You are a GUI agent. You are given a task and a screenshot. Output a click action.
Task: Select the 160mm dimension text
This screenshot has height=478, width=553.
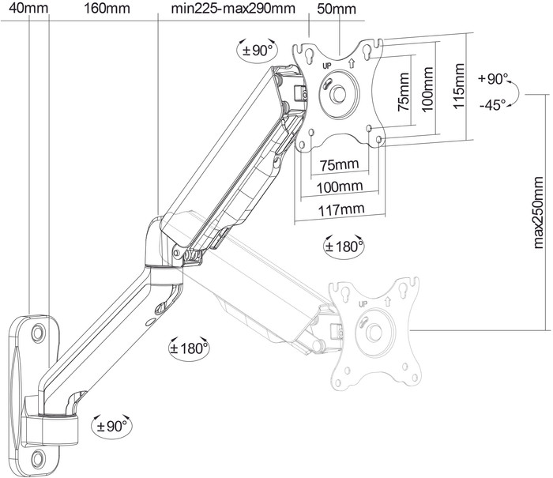coord(106,9)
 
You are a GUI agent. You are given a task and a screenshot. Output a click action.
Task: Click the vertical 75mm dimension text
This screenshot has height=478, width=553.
coord(404,93)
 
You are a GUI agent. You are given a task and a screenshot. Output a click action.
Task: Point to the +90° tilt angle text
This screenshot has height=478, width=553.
coord(494,79)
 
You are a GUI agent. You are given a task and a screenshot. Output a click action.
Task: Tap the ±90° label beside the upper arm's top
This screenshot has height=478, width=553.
coord(256,50)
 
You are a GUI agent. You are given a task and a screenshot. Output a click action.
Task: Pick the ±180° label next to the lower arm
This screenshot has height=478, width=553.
coord(190,347)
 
